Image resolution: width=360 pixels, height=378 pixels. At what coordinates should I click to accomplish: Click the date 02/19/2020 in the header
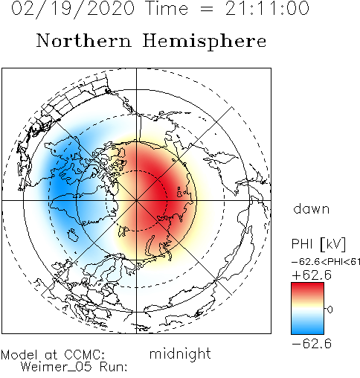73,9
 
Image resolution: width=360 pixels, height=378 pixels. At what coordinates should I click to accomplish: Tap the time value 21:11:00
267,8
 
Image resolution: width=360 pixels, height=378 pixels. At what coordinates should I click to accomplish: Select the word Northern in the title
84,40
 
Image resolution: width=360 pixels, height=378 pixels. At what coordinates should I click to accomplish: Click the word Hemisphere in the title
205,42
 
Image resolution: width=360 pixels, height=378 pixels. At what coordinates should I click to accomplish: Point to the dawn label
312,208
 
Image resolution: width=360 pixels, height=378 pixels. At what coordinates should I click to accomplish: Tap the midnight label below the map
180,354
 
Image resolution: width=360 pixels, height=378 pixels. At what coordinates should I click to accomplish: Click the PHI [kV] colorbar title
318,244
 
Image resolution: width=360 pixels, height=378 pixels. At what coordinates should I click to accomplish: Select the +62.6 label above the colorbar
312,275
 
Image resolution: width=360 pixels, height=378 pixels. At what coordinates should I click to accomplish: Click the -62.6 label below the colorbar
312,344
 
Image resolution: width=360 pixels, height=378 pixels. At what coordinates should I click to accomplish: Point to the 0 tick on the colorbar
330,310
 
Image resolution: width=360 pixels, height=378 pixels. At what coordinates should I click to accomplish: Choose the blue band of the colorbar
307,327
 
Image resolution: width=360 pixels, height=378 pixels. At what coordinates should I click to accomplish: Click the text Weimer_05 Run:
74,367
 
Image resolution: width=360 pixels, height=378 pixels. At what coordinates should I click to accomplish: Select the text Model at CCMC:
53,355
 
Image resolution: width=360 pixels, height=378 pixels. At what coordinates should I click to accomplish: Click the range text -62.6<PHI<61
326,262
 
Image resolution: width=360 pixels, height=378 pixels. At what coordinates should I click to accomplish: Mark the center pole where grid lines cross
136,200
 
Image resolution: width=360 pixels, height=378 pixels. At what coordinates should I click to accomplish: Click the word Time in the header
167,8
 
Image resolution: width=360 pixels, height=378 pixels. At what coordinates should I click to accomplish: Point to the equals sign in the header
206,9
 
